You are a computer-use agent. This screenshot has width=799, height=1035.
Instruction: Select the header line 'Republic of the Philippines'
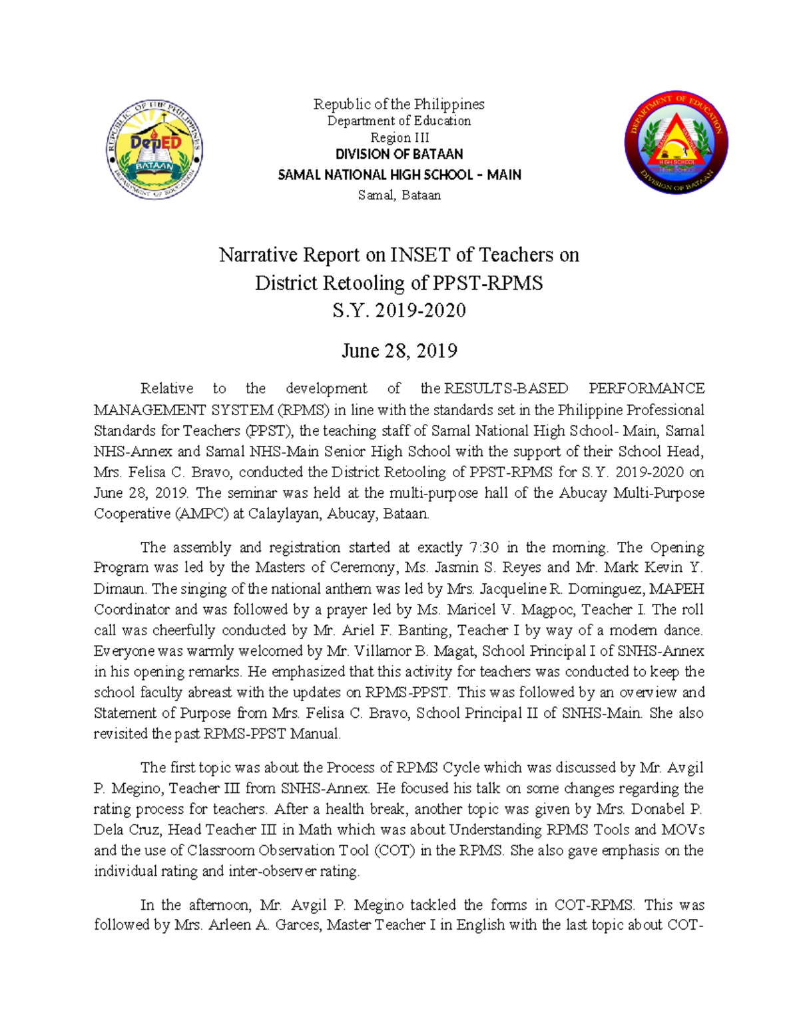(399, 104)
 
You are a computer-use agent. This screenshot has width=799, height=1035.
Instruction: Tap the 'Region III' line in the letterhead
(399, 137)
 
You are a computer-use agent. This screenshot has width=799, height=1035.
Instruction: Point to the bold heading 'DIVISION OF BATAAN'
(399, 154)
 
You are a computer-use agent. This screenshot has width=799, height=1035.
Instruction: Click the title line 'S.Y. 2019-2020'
(399, 311)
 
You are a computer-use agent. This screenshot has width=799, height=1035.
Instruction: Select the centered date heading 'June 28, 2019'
(399, 351)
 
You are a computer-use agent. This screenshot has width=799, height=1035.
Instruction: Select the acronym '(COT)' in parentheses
(388, 850)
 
